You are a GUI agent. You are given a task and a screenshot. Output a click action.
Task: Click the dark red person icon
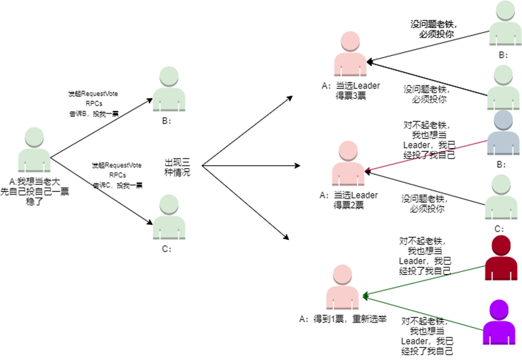500,259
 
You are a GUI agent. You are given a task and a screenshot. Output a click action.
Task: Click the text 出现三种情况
177,167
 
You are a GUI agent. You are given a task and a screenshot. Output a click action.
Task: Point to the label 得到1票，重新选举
342,319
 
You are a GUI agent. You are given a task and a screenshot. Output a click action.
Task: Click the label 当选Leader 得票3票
351,90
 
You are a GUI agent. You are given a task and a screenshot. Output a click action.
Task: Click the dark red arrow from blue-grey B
426,156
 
